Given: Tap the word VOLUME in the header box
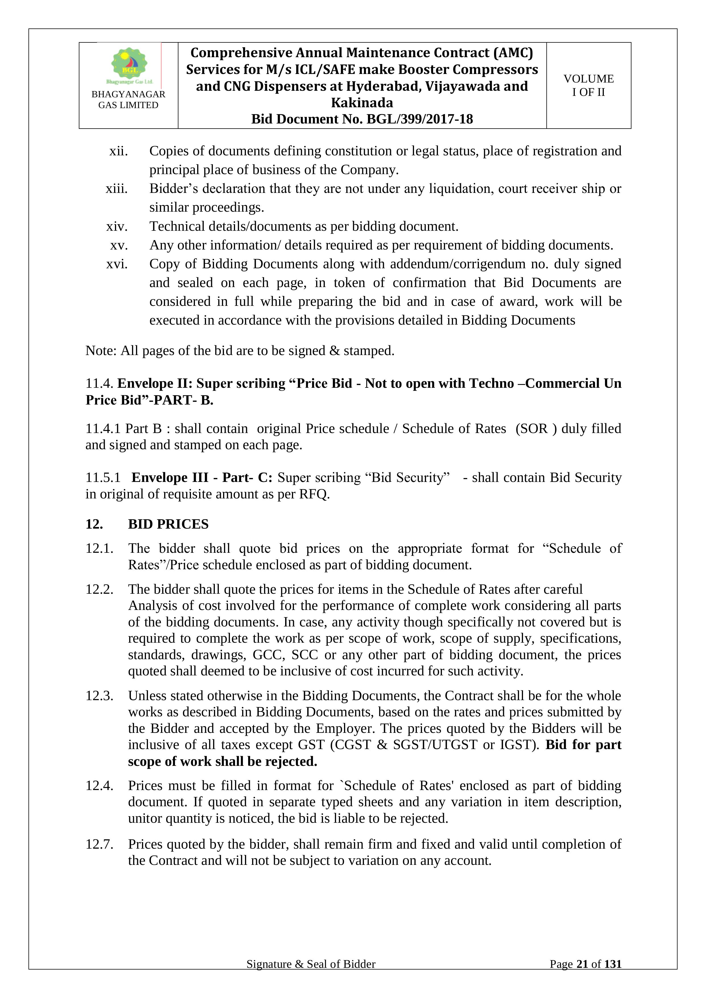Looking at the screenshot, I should pos(588,79).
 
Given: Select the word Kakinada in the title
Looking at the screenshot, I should pos(362,103).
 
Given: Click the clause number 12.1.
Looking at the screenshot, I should pos(99,549).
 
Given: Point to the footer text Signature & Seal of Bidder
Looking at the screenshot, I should pos(311,964).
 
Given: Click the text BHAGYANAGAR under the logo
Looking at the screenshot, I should pos(128,94).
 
